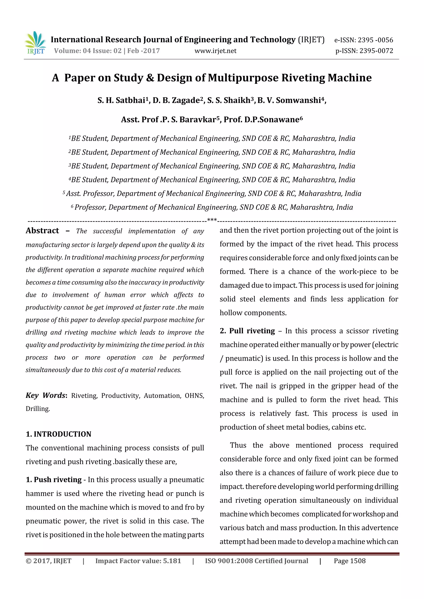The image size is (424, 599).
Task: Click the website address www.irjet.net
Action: (215, 51)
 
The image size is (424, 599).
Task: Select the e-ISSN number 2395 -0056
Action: (375, 40)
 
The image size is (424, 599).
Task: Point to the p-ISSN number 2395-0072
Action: (376, 51)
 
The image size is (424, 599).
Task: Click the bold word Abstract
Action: (42, 231)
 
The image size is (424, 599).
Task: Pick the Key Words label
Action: (46, 395)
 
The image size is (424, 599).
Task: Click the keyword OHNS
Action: (194, 396)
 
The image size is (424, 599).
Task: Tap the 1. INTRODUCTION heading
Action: (59, 434)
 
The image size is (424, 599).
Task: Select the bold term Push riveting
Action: (58, 479)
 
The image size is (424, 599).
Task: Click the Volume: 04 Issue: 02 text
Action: (88, 51)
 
